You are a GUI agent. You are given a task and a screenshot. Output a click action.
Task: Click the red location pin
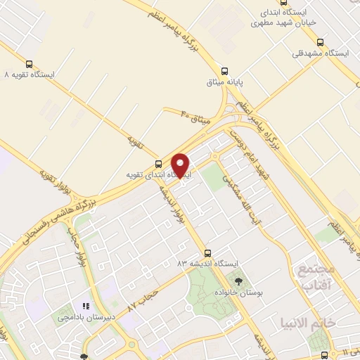coord(181,165)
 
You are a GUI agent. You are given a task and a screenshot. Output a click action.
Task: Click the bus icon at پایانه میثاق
coord(224,70)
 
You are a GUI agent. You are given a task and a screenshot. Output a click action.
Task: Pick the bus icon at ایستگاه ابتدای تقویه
coord(138,165)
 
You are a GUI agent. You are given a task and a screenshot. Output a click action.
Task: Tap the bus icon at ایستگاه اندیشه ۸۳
coord(207,252)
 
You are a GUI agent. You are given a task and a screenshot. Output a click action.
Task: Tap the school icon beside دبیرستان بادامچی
coord(86,306)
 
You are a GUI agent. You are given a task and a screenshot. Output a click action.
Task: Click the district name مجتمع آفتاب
coord(313,278)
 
